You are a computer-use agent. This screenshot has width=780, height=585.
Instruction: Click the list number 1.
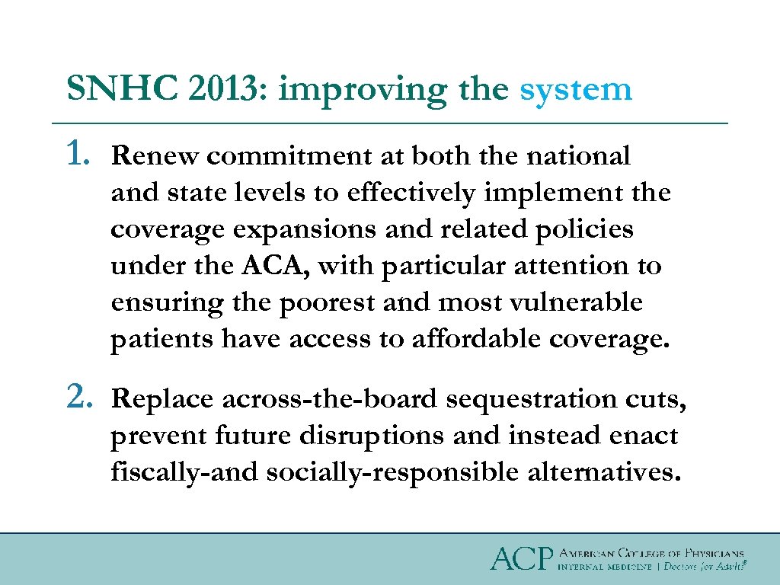(81, 155)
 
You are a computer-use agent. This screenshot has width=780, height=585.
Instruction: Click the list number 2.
(81, 397)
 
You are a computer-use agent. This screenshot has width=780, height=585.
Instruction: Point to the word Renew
(155, 156)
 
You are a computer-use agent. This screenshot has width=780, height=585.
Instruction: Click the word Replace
(162, 399)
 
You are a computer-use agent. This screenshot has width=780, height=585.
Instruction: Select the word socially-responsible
(392, 473)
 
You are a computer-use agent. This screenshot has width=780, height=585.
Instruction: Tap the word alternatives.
(602, 472)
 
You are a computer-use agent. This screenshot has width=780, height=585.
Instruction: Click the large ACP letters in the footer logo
(520, 558)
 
